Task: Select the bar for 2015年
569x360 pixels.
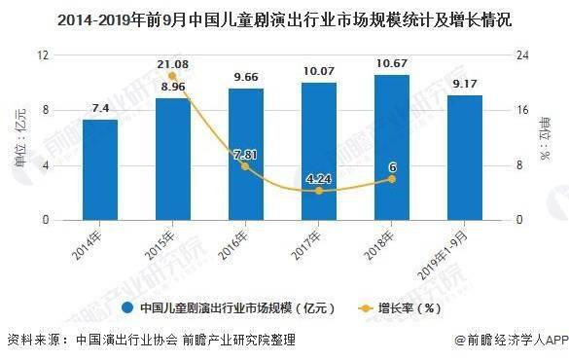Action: tap(172, 160)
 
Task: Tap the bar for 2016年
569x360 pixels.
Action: tap(245, 155)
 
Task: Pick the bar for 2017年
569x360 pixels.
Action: tap(318, 152)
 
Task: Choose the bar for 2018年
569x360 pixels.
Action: tap(391, 148)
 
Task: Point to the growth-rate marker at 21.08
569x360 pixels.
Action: tap(172, 76)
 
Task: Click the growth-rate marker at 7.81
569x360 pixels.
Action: tap(245, 166)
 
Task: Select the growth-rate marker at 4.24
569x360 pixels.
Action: tap(318, 191)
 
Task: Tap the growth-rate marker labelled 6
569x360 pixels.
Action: tap(391, 179)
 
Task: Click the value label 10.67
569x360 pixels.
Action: tap(391, 64)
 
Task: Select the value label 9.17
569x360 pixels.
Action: tap(464, 86)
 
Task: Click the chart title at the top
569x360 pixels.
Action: tap(284, 18)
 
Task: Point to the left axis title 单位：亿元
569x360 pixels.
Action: tap(19, 137)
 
